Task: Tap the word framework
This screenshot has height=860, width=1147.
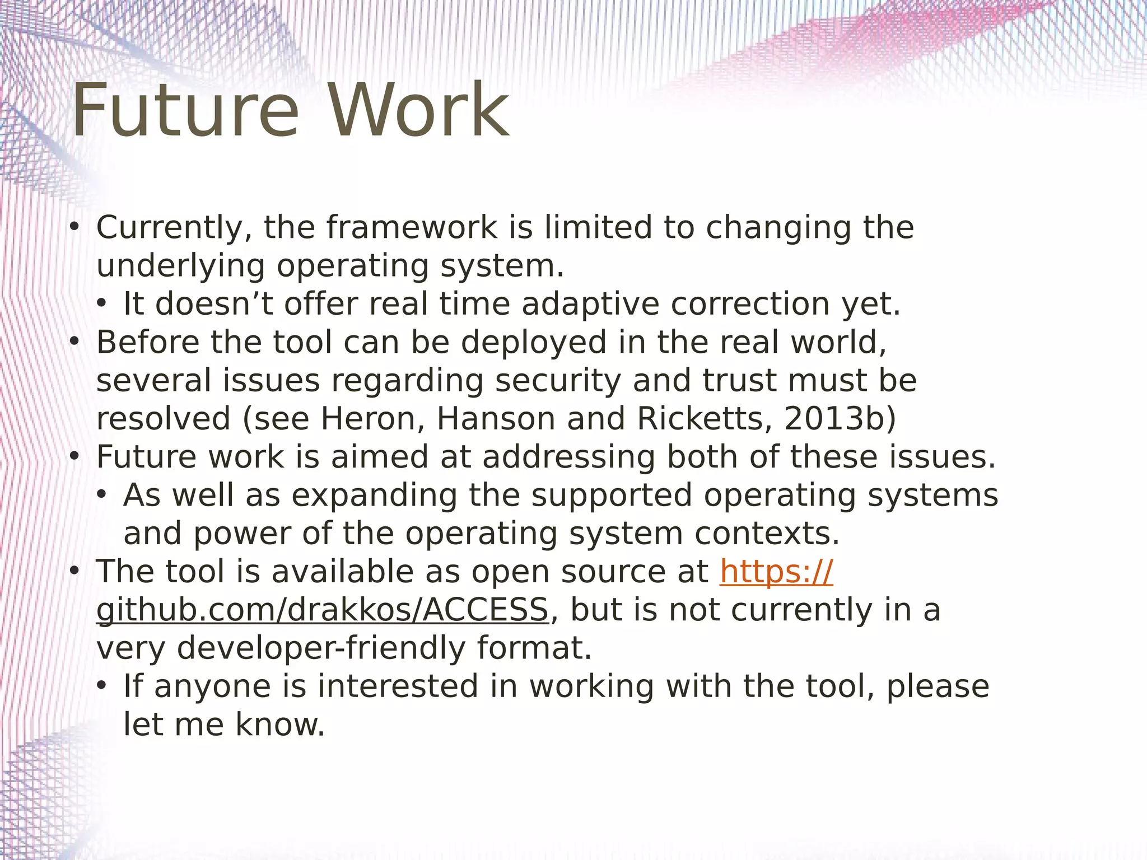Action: (x=412, y=228)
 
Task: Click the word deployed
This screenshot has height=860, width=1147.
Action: (x=534, y=343)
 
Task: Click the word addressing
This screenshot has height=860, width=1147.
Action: (x=568, y=457)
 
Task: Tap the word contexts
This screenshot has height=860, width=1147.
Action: (x=767, y=534)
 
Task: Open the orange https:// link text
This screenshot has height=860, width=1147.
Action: (x=776, y=572)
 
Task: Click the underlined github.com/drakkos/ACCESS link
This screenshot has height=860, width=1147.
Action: (x=322, y=610)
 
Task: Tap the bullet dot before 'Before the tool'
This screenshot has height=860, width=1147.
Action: (x=74, y=342)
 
